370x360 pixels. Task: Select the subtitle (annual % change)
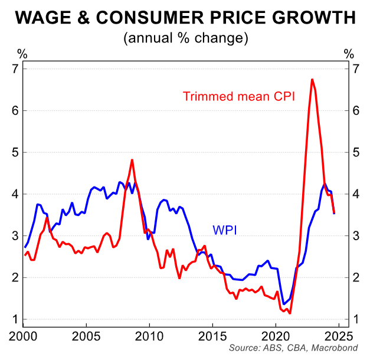coord(185,39)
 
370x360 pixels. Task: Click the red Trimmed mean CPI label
coord(238,96)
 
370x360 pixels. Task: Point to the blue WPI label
coord(224,230)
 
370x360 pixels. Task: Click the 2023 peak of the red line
coord(312,79)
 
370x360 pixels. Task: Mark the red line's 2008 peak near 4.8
coord(132,160)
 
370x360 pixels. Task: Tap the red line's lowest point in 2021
coord(290,313)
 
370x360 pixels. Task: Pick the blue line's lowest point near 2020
coord(284,305)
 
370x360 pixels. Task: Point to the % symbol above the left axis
coord(22,54)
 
